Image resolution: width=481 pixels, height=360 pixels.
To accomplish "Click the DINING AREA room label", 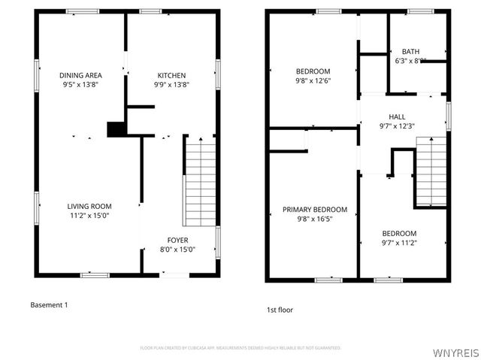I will pyautogui.click(x=80, y=75).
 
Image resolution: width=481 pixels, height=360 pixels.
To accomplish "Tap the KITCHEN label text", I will pyautogui.click(x=171, y=75).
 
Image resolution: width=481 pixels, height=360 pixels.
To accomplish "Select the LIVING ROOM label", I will pyautogui.click(x=89, y=207).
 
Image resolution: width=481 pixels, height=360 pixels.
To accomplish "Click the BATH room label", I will pyautogui.click(x=410, y=51).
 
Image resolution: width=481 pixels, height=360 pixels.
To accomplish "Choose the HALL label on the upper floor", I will pyautogui.click(x=397, y=116).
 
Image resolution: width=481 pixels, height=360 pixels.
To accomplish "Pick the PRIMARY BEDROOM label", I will pyautogui.click(x=315, y=210).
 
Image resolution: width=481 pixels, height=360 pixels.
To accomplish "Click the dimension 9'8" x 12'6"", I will pyautogui.click(x=313, y=80).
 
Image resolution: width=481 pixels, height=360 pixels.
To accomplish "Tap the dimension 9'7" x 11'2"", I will pyautogui.click(x=399, y=243).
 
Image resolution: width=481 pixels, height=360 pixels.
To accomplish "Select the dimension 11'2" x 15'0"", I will pyautogui.click(x=89, y=216).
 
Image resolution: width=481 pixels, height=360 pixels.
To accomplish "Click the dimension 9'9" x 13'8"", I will pyautogui.click(x=171, y=85).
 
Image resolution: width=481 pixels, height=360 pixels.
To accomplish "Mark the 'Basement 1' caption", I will pyautogui.click(x=49, y=304).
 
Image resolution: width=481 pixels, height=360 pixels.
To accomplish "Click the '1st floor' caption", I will pyautogui.click(x=280, y=309).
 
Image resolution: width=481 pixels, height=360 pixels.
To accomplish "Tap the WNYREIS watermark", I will pyautogui.click(x=455, y=351).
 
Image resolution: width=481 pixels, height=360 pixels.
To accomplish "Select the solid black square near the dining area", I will pyautogui.click(x=116, y=129).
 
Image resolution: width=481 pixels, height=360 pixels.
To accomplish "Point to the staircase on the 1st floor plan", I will pyautogui.click(x=431, y=172).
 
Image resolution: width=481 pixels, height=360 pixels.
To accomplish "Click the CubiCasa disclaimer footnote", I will pyautogui.click(x=240, y=348).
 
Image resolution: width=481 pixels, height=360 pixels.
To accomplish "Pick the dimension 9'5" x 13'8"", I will pyautogui.click(x=80, y=85).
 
